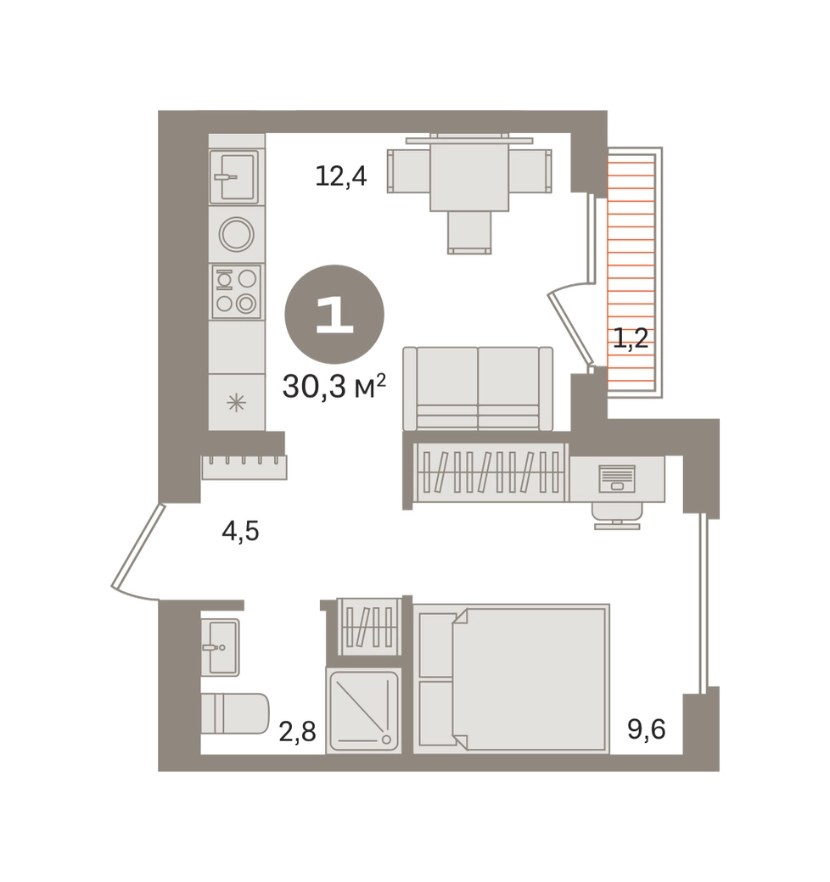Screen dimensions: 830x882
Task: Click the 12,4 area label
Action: tap(341, 176)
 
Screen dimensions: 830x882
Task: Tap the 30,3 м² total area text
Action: tap(334, 386)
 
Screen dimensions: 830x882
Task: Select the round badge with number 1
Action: tap(334, 314)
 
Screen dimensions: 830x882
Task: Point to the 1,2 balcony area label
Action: tap(631, 338)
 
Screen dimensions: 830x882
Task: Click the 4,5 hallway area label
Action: tap(240, 531)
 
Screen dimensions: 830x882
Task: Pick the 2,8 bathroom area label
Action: tap(297, 732)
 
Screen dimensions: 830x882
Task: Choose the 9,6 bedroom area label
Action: tap(647, 729)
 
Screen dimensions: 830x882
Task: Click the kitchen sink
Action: tap(234, 176)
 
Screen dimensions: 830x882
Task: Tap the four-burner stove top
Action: tap(236, 292)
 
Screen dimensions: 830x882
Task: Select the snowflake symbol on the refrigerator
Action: tap(236, 403)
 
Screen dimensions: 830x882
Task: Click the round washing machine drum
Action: tap(236, 234)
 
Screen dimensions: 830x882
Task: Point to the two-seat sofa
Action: tap(478, 388)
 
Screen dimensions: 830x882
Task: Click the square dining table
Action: tap(469, 173)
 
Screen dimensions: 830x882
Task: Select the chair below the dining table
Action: tap(469, 232)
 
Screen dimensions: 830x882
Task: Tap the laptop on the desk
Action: tap(617, 478)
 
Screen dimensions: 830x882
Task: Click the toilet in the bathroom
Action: tap(235, 713)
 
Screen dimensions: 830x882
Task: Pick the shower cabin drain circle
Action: tap(387, 740)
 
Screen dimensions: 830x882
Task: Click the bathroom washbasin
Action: tap(221, 647)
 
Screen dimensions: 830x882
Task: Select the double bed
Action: tap(512, 678)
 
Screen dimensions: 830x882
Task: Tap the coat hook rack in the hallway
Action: tap(244, 467)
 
